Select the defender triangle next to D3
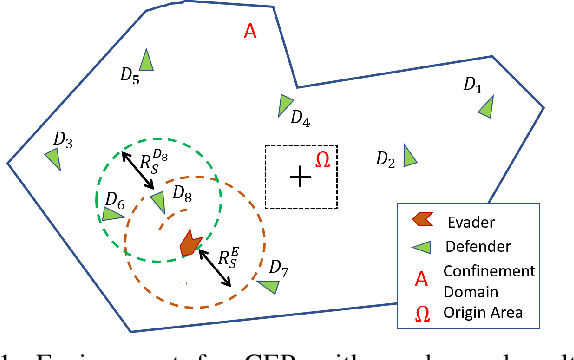pyautogui.click(x=53, y=156)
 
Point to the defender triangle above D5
pyautogui.click(x=147, y=60)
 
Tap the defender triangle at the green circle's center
pyautogui.click(x=157, y=203)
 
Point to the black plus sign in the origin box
pyautogui.click(x=300, y=177)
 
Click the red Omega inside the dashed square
pyautogui.click(x=322, y=160)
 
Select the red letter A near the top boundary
pyautogui.click(x=250, y=32)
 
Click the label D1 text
pyautogui.click(x=473, y=87)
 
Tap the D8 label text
pyautogui.click(x=182, y=191)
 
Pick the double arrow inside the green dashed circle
pyautogui.click(x=137, y=169)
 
